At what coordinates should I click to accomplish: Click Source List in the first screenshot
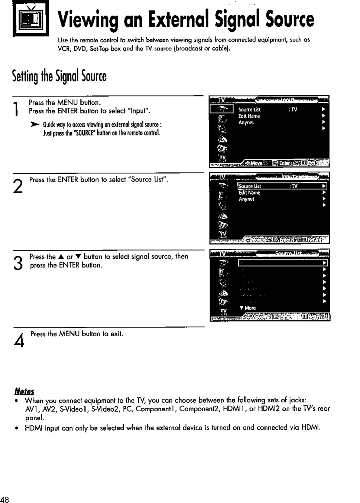(x=249, y=110)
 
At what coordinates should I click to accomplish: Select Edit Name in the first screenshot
(x=249, y=116)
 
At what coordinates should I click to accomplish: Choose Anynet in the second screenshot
(x=246, y=199)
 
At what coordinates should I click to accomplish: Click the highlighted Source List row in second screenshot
(x=282, y=186)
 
